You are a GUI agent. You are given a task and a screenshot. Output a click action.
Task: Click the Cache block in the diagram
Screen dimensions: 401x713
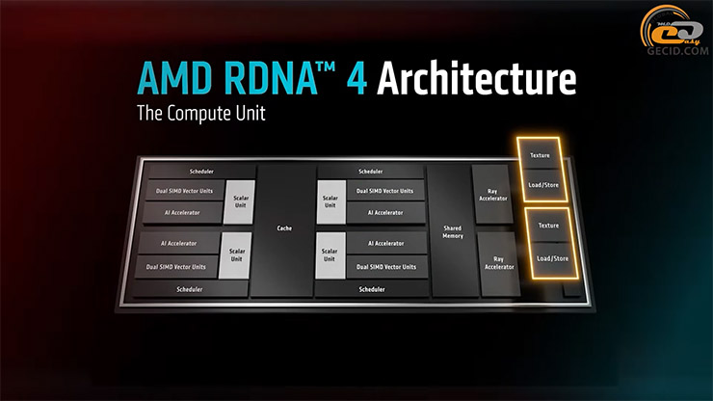point(283,228)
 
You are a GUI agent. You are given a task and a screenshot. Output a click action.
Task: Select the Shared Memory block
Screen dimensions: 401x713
point(452,231)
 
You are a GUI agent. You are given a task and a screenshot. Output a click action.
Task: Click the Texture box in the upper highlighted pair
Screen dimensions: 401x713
point(546,154)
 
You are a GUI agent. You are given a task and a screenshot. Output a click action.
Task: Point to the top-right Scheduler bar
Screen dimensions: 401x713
point(370,172)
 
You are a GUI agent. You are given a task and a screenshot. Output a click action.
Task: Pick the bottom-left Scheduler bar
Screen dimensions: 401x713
point(190,288)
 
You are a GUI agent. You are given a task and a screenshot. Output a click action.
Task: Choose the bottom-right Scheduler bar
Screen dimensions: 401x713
point(372,289)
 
